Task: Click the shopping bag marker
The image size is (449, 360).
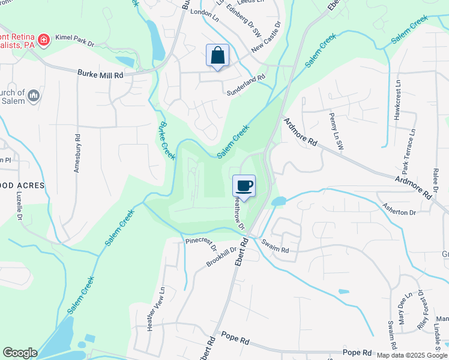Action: tap(217, 56)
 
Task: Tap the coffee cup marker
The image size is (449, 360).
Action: tap(244, 186)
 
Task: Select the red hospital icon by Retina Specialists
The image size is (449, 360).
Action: tap(43, 40)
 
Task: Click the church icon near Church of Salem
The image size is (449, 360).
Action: tap(34, 95)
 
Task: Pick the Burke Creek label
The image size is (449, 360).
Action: tap(166, 139)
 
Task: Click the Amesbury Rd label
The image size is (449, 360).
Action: tap(77, 152)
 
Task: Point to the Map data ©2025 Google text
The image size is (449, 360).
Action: tap(412, 355)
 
